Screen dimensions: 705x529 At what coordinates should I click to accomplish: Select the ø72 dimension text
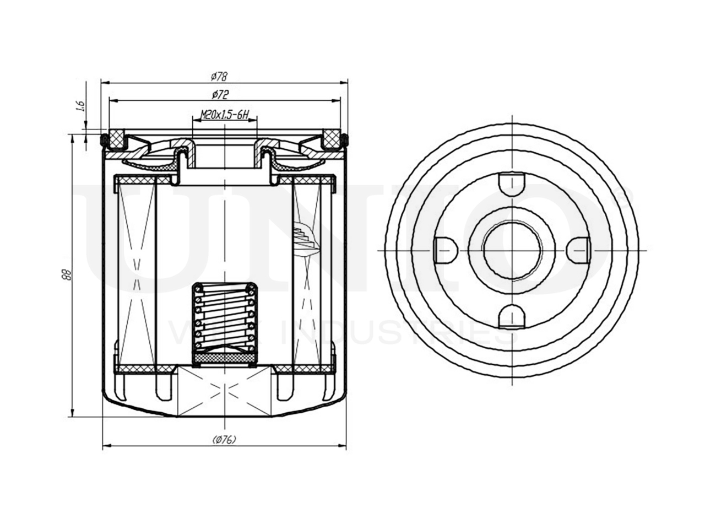(220, 95)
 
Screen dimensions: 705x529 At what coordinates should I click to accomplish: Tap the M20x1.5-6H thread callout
(225, 115)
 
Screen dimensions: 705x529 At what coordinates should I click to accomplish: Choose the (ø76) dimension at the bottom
(224, 439)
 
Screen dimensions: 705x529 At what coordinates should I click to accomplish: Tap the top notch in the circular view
(512, 183)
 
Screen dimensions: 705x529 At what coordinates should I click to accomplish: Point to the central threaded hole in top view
(512, 250)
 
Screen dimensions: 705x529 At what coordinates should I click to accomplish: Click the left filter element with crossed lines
(135, 273)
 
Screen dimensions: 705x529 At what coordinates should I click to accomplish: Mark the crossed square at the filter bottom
(225, 388)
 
